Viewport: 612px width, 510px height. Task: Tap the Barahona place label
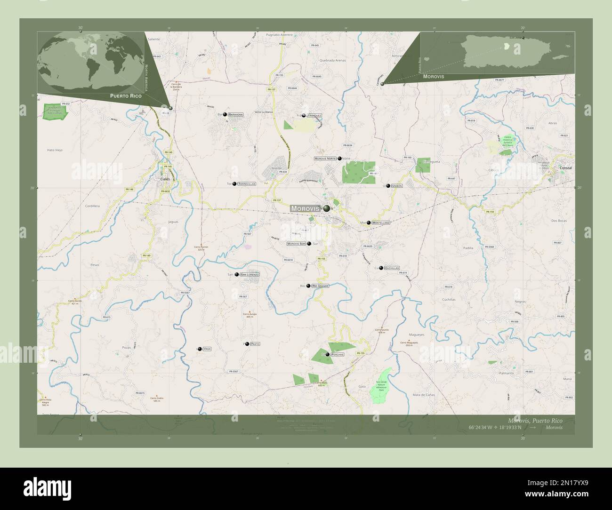236,114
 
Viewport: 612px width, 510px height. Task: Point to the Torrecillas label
247,184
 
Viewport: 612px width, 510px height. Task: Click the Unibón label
396,186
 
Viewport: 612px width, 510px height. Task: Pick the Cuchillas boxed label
392,268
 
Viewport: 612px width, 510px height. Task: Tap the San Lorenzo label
250,274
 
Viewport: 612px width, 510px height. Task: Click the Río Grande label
320,286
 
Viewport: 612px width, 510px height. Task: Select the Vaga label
207,349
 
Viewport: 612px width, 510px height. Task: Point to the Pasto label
255,344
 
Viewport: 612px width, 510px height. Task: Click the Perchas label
337,354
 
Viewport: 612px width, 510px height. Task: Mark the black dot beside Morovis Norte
339,159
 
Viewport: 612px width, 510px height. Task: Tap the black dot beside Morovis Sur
309,244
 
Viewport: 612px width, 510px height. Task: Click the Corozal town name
565,167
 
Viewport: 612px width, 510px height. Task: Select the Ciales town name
165,179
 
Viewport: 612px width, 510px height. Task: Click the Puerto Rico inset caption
125,96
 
